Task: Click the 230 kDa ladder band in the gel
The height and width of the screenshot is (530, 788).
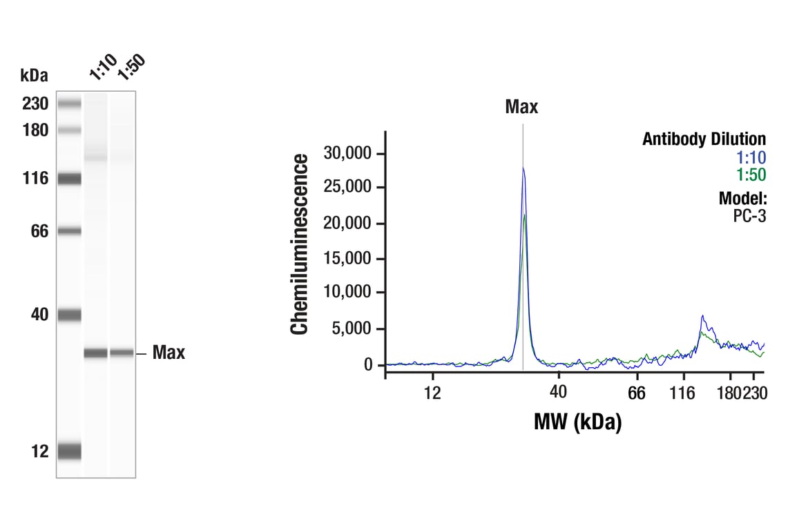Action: [69, 104]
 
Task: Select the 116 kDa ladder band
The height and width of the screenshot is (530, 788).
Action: [69, 179]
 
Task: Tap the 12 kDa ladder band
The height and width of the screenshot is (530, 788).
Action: [69, 451]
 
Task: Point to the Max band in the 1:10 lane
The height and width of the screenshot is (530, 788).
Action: [96, 353]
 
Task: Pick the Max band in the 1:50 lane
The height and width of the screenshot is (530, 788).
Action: [122, 353]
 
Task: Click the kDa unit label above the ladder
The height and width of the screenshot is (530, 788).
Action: [35, 75]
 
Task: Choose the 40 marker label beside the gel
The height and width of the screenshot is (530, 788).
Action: [39, 315]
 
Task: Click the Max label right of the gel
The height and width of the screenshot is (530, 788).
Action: [169, 353]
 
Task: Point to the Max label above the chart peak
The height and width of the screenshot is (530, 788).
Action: [521, 107]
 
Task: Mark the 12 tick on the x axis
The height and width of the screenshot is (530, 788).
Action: [432, 393]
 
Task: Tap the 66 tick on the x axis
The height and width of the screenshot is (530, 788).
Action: [637, 393]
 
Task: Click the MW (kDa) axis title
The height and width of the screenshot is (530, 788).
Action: [577, 421]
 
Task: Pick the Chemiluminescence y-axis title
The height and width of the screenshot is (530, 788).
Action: [300, 245]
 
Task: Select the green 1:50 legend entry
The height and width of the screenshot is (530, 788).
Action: [751, 175]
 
